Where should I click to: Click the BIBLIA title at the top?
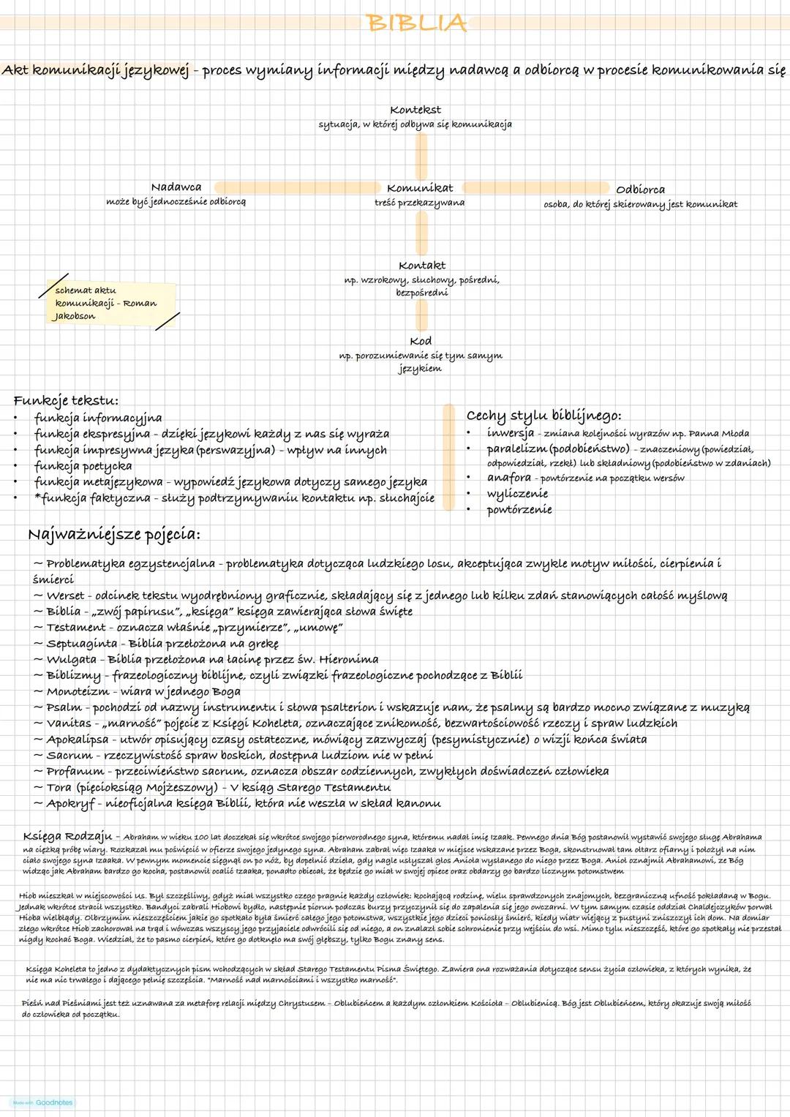(417, 23)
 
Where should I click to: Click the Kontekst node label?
(415, 110)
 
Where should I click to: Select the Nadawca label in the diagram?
(176, 187)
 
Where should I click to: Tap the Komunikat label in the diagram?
(420, 188)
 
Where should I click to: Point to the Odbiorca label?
(640, 189)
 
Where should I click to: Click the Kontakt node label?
(422, 266)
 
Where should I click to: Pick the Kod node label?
(421, 341)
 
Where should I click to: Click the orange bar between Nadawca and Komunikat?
(296, 188)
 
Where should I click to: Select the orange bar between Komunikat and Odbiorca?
(535, 188)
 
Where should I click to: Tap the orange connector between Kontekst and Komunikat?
(421, 156)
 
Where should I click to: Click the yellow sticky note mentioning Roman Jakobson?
(110, 302)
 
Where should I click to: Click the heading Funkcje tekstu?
(66, 401)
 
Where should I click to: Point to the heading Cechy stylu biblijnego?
(543, 415)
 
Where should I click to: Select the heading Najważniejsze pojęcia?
(113, 535)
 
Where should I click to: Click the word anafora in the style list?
(509, 478)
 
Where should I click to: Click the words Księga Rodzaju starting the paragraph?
(67, 836)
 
